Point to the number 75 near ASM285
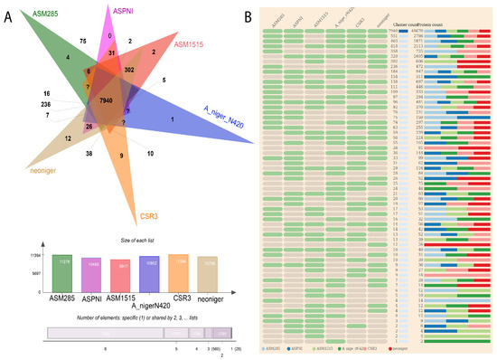(x=82, y=42)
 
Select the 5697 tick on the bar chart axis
(x=34, y=270)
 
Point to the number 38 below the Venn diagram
(x=65, y=155)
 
